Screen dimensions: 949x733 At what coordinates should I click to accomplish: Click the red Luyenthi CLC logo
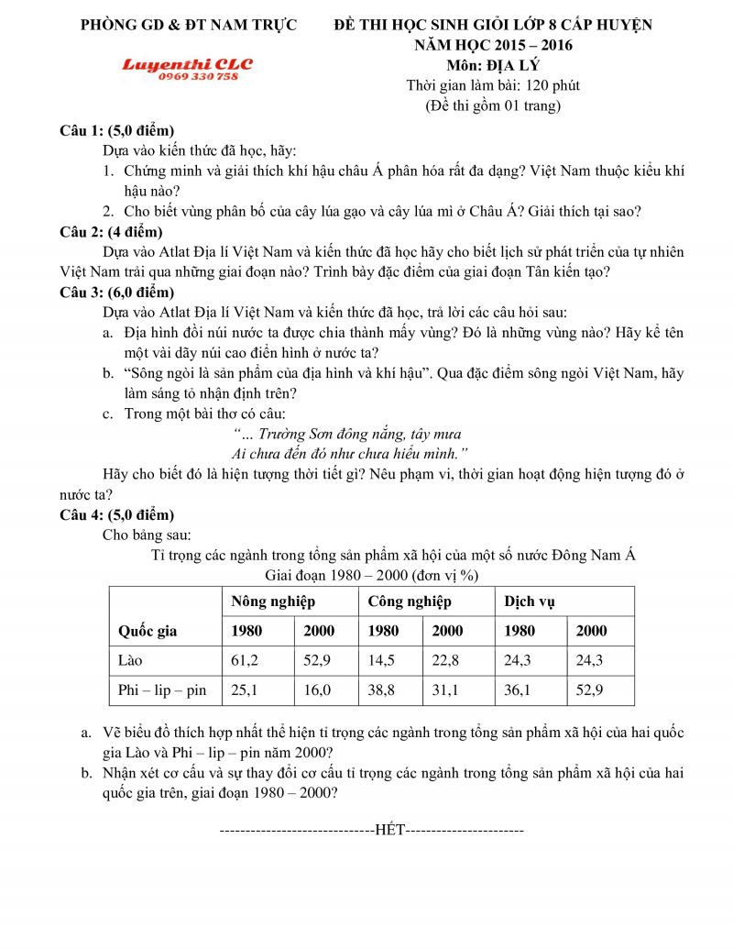[187, 64]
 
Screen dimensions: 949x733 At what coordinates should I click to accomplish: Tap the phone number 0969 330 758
[198, 77]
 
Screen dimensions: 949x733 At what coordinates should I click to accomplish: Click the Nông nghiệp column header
[273, 601]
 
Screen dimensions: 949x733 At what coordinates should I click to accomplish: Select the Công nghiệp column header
[410, 601]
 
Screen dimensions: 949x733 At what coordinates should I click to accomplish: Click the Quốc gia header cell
[148, 631]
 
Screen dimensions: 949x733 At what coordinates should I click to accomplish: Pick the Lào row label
[132, 660]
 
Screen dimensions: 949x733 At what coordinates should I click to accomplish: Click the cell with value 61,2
[245, 660]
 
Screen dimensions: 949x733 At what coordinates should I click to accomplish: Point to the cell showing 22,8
[446, 660]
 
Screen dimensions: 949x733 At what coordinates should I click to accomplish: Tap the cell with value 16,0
[317, 690]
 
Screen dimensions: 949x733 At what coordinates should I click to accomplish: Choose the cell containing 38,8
[382, 690]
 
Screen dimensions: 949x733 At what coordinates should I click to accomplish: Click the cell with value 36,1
[519, 690]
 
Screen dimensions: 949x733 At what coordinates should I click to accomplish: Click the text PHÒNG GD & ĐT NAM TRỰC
[189, 25]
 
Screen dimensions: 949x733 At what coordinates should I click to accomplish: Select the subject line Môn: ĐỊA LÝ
[494, 65]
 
